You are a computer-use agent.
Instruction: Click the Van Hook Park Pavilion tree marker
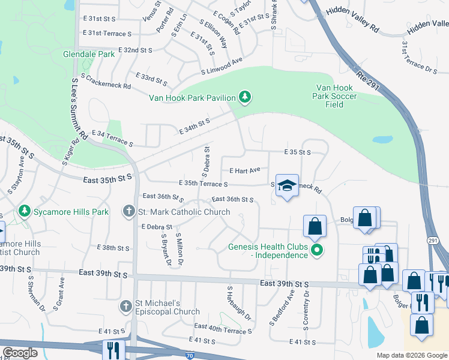[244, 96]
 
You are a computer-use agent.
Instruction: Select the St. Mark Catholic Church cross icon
[128, 211]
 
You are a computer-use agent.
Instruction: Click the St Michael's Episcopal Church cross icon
[126, 307]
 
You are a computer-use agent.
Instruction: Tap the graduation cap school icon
[287, 185]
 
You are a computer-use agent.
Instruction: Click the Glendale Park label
[89, 54]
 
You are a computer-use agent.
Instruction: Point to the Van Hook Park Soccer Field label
[336, 96]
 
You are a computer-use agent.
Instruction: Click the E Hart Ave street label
[244, 170]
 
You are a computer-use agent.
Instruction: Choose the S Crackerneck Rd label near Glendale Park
[105, 82]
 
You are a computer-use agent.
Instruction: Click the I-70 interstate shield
[190, 356]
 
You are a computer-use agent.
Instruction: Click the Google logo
[20, 353]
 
